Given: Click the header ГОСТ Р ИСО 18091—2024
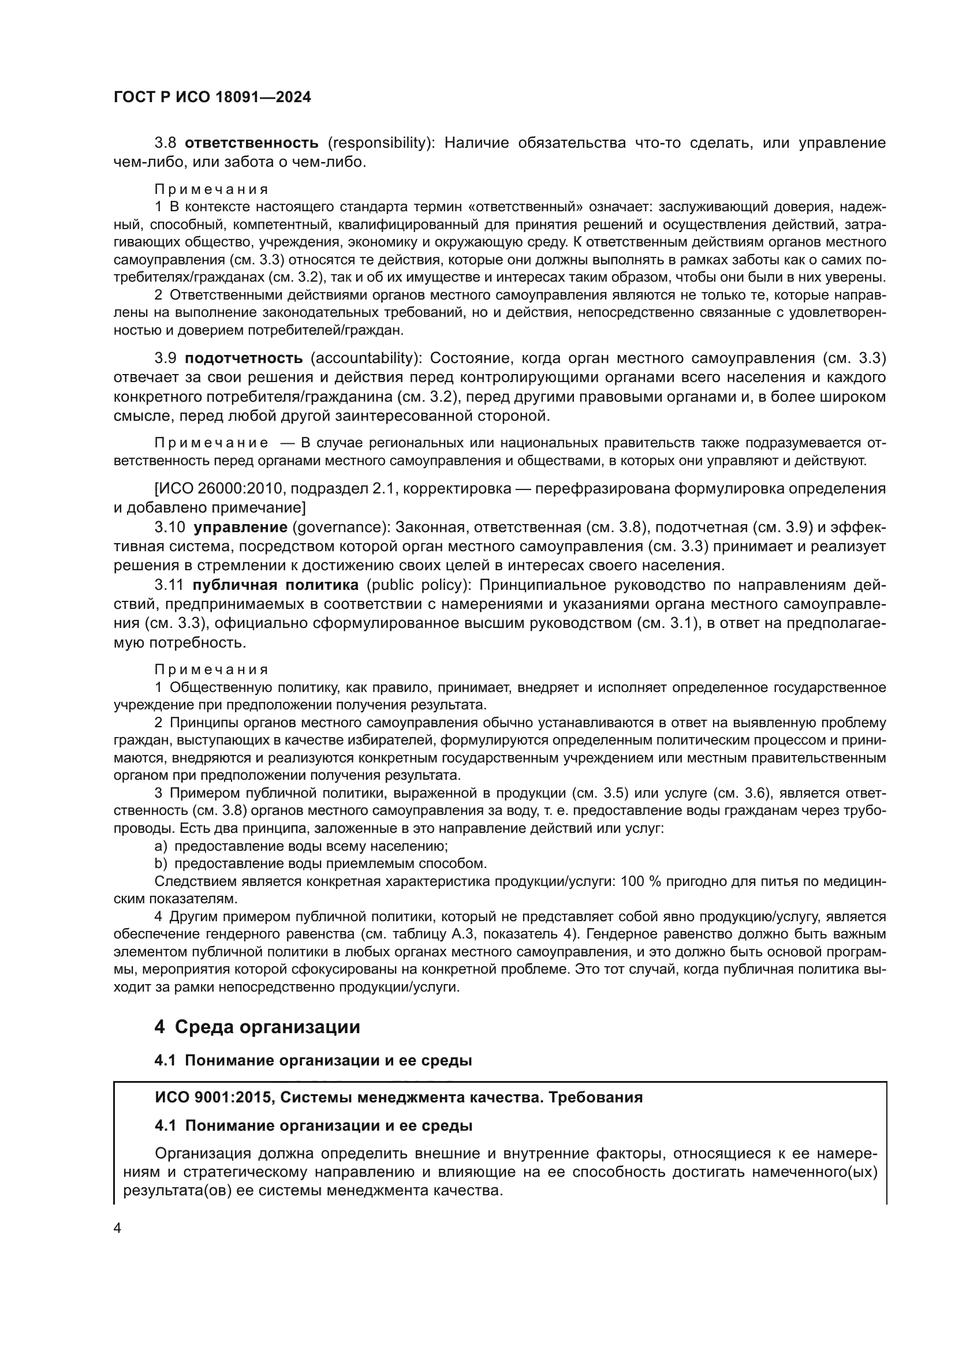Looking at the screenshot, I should click(x=212, y=98).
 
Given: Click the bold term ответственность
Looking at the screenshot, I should click(x=252, y=143).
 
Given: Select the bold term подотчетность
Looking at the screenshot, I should click(x=244, y=358).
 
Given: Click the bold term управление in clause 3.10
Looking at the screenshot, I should click(x=241, y=527).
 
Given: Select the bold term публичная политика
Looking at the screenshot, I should click(x=275, y=585).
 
